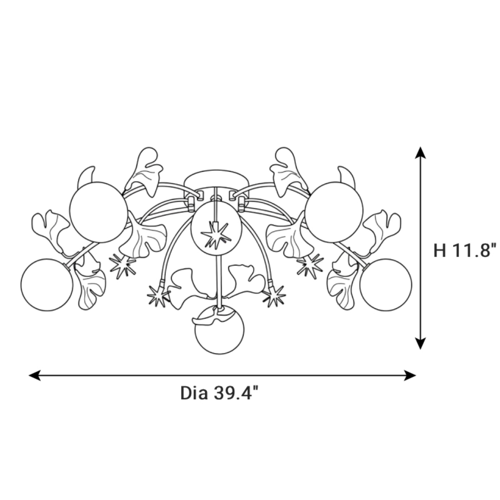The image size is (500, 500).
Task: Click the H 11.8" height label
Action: click(x=465, y=250)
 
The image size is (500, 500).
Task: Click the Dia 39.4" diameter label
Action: click(x=220, y=393)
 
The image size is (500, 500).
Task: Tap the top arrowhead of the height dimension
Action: click(x=420, y=152)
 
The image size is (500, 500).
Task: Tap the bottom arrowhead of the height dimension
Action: click(x=420, y=343)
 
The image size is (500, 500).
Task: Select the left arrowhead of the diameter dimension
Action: click(x=35, y=375)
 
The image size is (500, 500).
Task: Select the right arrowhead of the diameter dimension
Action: click(x=410, y=375)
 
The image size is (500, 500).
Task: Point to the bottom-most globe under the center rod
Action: click(x=220, y=330)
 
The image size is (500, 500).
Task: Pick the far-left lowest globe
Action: click(x=47, y=285)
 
